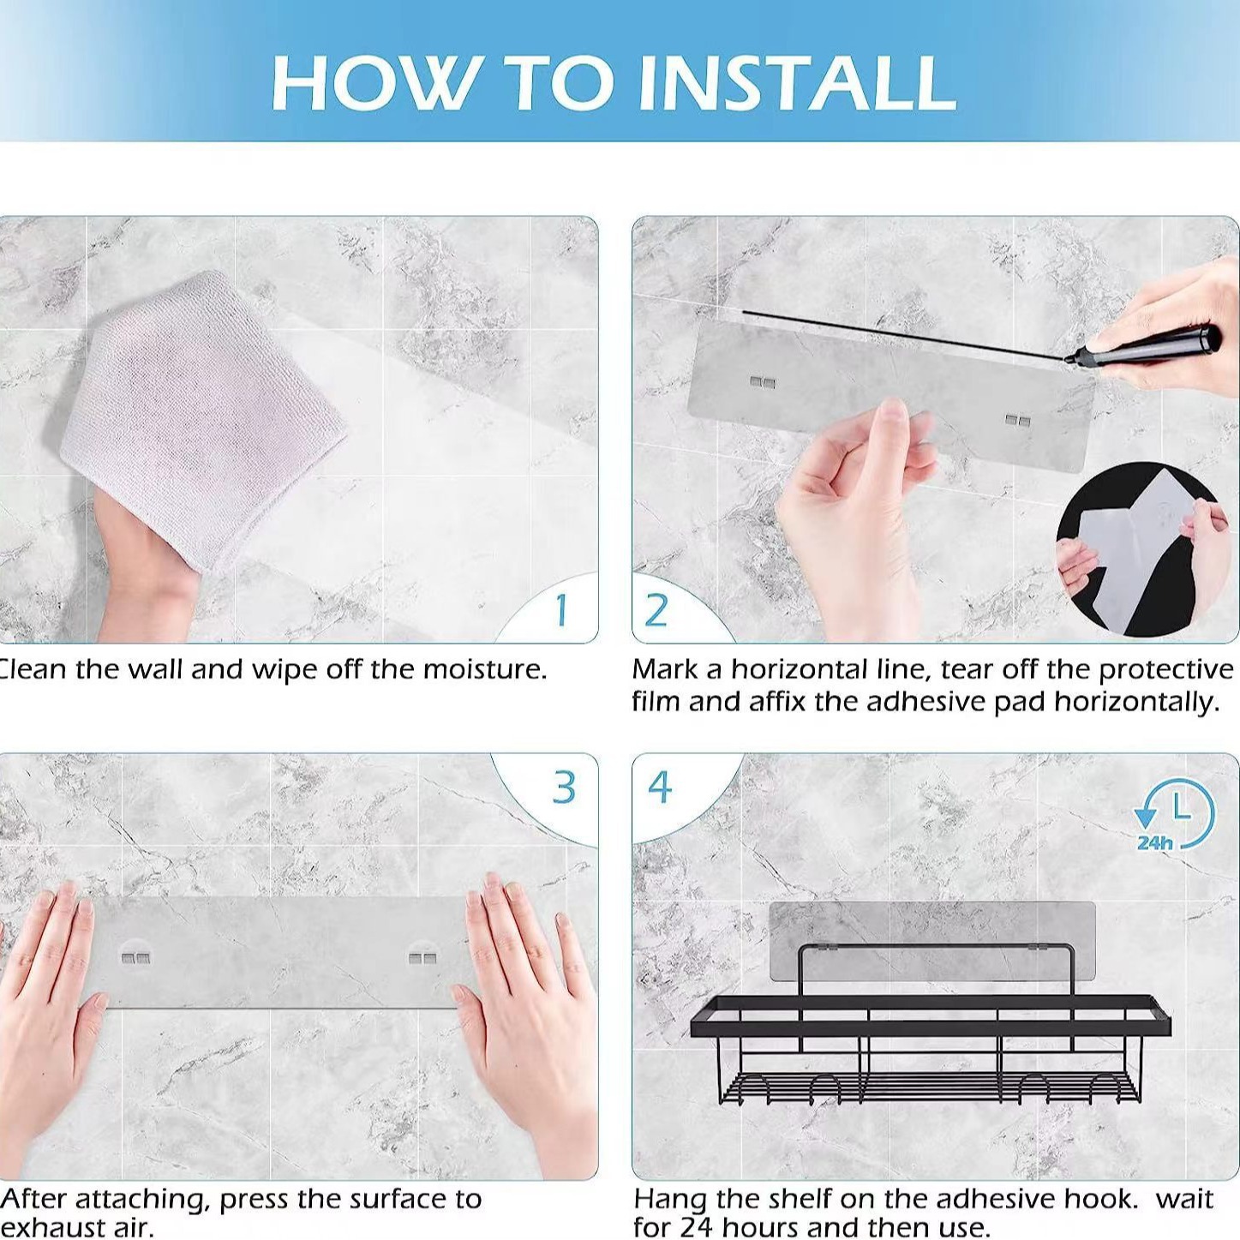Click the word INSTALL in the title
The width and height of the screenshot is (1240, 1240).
pyautogui.click(x=797, y=83)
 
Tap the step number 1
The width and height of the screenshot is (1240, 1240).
pyautogui.click(x=562, y=609)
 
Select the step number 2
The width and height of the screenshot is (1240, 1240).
pyautogui.click(x=656, y=610)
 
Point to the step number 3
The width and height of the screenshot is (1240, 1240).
pyautogui.click(x=565, y=787)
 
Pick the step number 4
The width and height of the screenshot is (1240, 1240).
pyautogui.click(x=660, y=787)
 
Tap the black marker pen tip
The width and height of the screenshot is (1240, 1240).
pyautogui.click(x=1069, y=358)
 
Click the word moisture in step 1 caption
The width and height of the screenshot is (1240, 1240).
pyautogui.click(x=484, y=670)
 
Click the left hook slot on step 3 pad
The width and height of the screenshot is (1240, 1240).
pyautogui.click(x=137, y=959)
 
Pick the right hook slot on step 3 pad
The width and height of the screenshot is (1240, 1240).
pyautogui.click(x=422, y=959)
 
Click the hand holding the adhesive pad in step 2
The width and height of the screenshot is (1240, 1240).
pyautogui.click(x=856, y=508)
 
